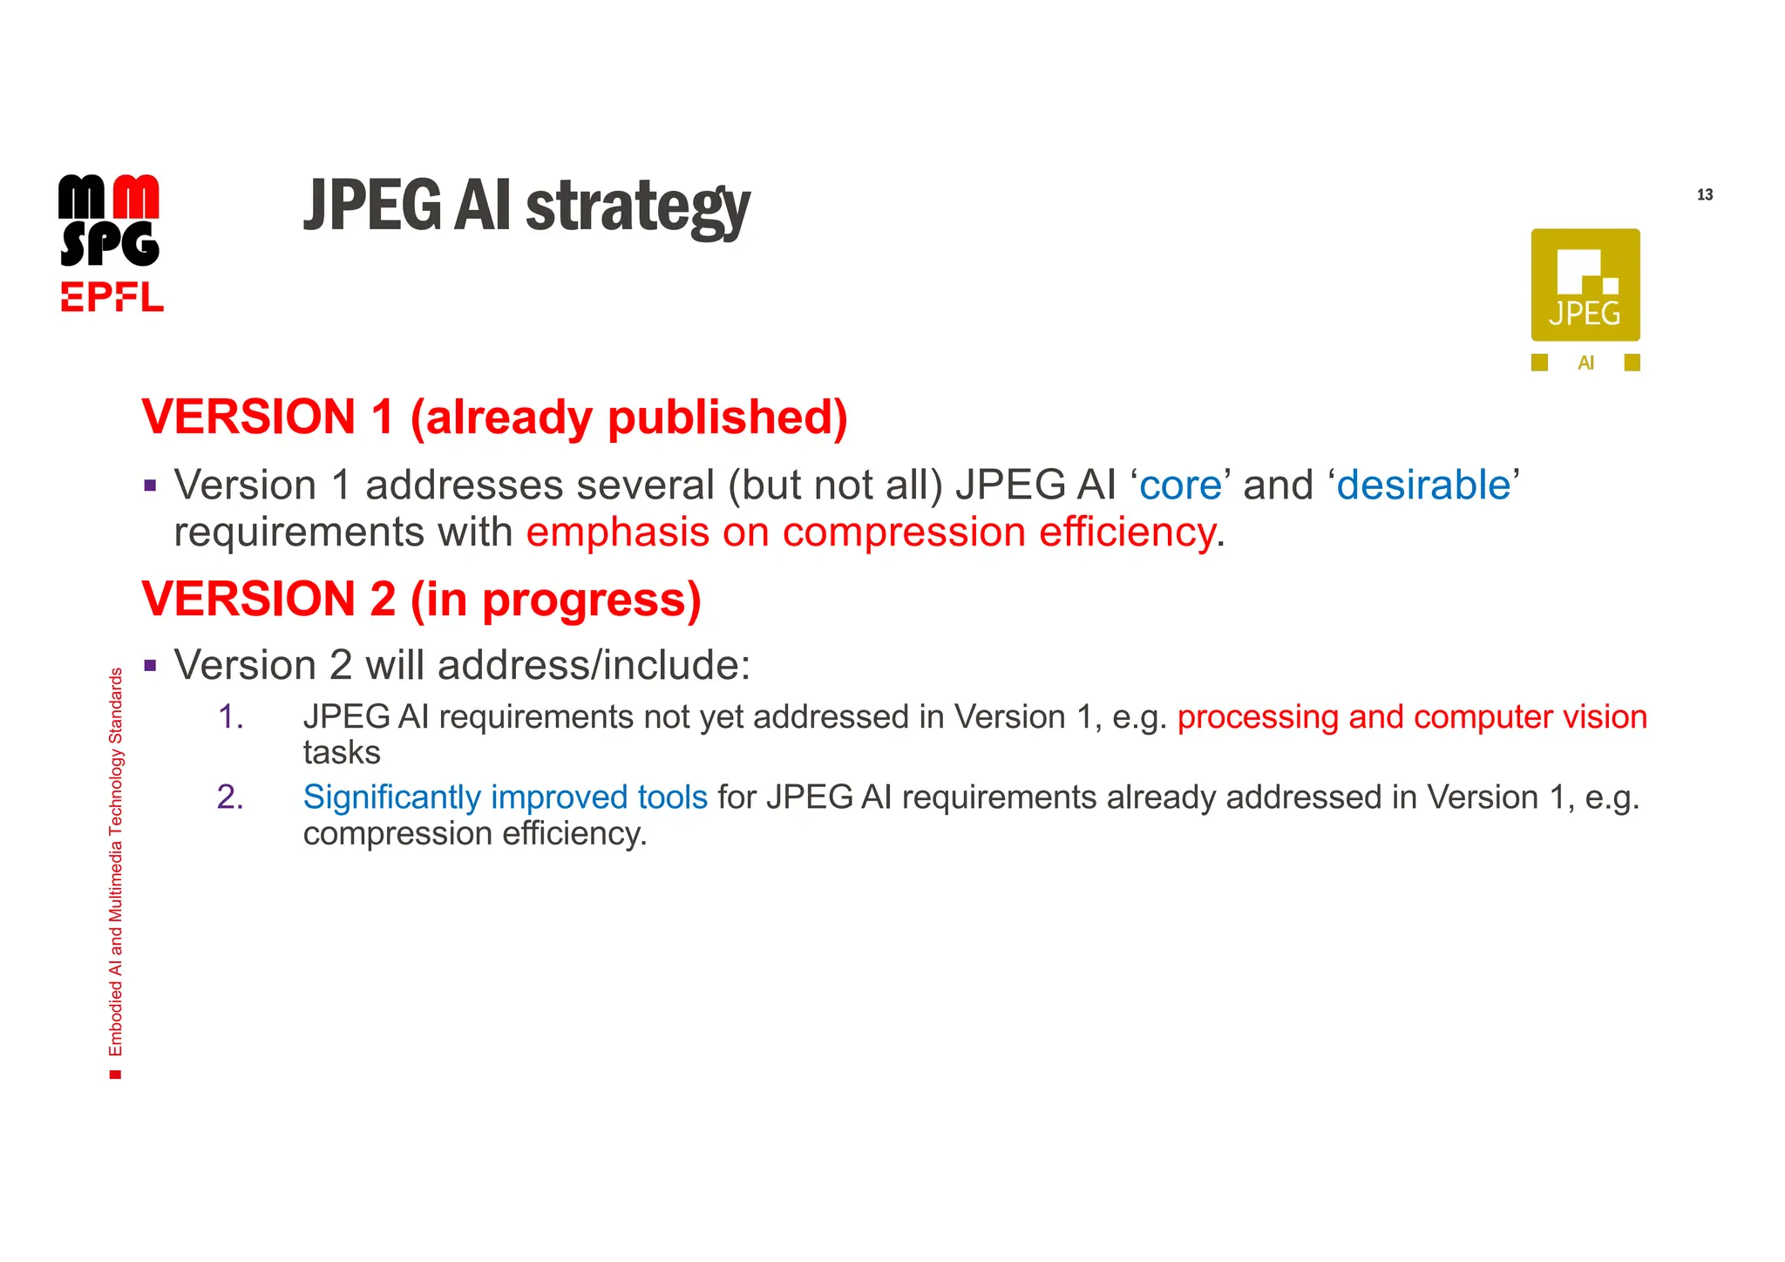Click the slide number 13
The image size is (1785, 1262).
(x=1704, y=194)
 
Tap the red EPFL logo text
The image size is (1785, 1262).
(x=112, y=297)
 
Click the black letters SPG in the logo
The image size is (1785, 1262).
(x=110, y=244)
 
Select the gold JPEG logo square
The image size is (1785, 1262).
(x=1585, y=284)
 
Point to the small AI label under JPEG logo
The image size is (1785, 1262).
(x=1585, y=363)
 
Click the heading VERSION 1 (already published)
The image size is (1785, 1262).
(x=494, y=417)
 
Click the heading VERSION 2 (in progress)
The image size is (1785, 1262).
(x=421, y=599)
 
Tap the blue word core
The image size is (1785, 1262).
(x=1180, y=485)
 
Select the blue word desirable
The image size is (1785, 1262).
(x=1422, y=485)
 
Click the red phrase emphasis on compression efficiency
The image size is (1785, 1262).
(x=870, y=532)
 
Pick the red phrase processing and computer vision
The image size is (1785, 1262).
(x=1411, y=716)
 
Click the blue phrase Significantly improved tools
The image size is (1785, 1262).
(x=505, y=797)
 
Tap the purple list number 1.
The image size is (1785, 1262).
(x=230, y=716)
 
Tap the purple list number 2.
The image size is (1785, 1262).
(x=230, y=797)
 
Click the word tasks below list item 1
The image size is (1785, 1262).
(x=342, y=752)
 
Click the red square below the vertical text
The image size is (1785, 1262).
(x=115, y=1075)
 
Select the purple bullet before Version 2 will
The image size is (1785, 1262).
(x=151, y=666)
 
